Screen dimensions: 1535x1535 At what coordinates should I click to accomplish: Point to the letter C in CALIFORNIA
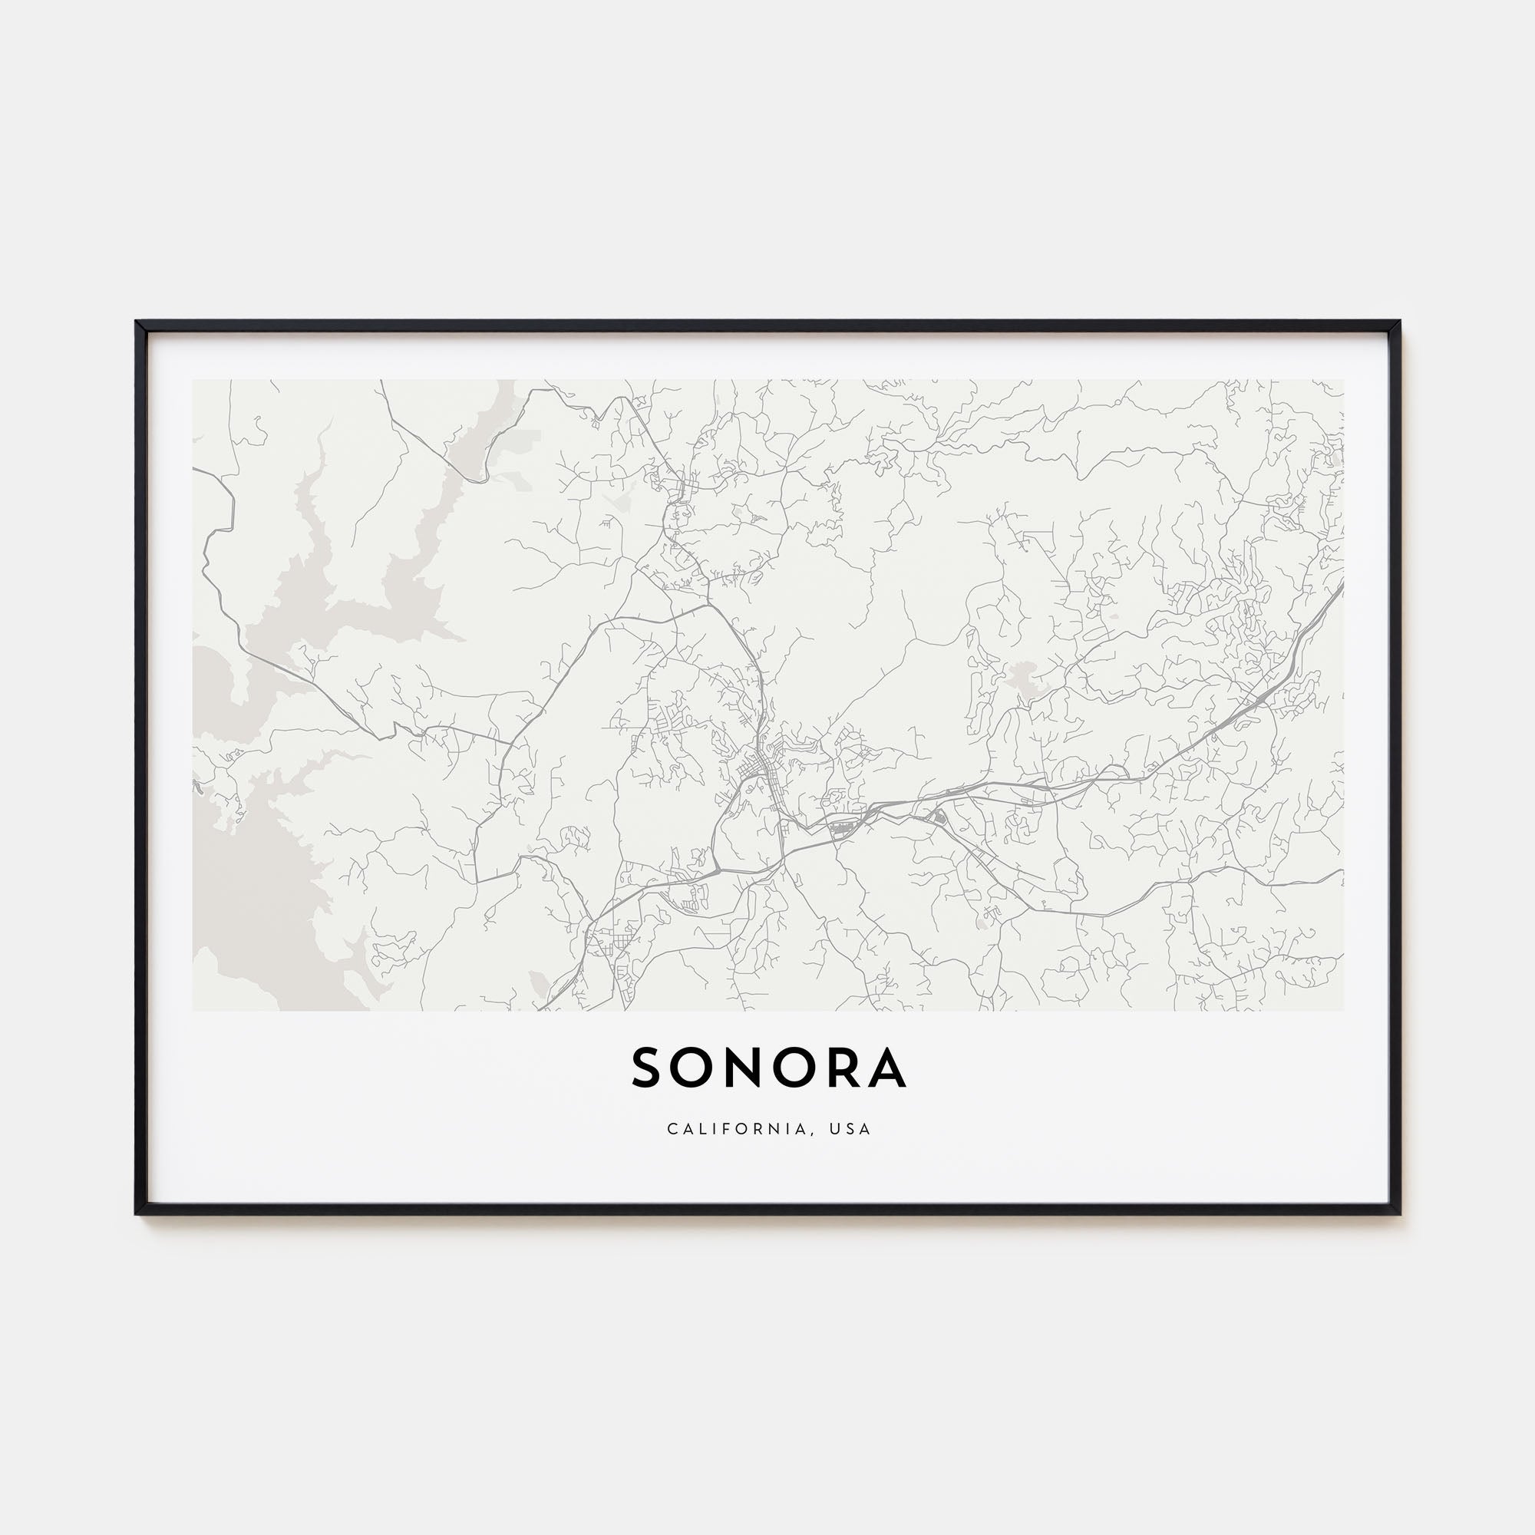672,1129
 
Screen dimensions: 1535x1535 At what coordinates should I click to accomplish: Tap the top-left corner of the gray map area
193,380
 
